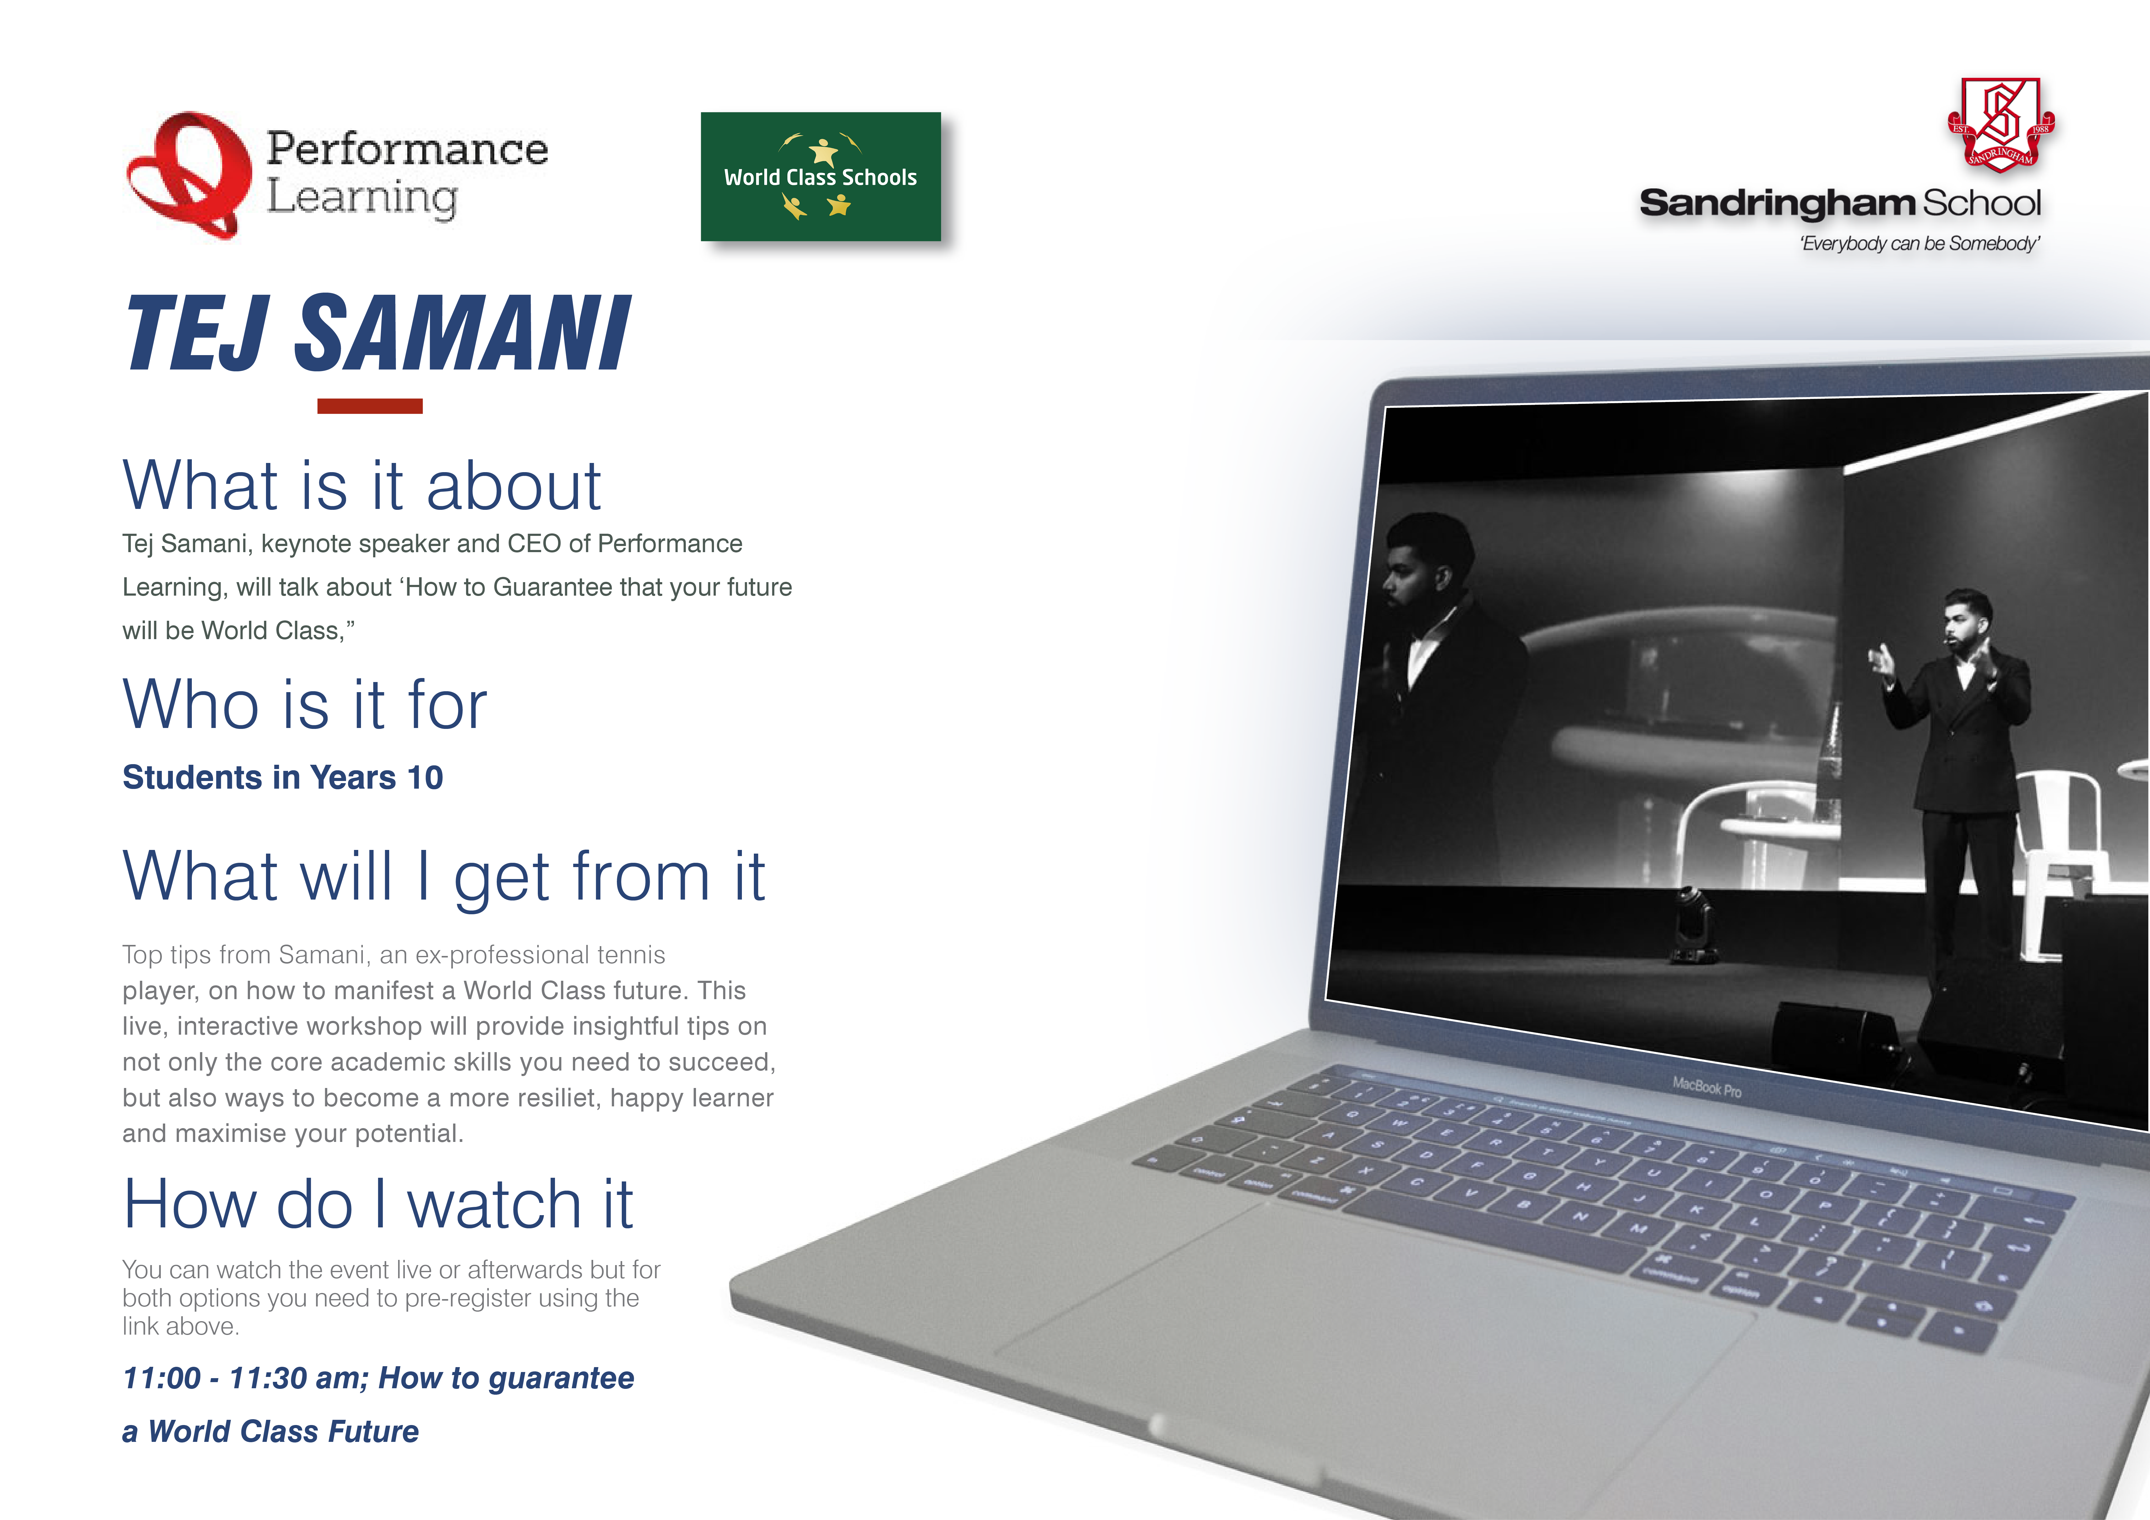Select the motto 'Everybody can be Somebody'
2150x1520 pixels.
1920,244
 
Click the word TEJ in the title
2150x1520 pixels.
199,332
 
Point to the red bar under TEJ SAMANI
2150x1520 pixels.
370,406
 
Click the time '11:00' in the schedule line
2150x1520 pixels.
162,1378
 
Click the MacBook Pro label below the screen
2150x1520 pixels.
1707,1087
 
